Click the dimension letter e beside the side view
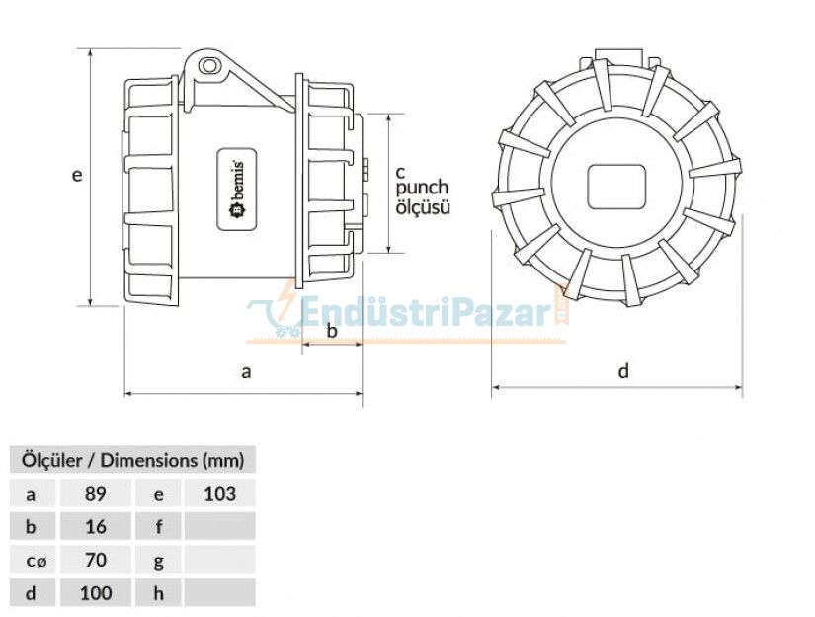76,175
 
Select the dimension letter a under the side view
247,371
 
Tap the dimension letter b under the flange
332,331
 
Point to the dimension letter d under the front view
623,371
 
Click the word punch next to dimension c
422,188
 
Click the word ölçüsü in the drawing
423,207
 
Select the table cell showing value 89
95,493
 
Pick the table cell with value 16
95,526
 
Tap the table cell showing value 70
95,560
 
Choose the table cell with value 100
95,593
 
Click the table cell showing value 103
219,493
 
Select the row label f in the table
158,526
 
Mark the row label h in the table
158,593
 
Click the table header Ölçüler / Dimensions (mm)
132,459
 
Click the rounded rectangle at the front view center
615,186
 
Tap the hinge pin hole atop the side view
208,66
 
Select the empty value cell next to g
219,560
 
